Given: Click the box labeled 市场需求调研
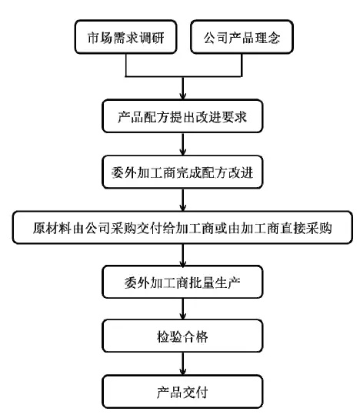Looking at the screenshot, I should (127, 36).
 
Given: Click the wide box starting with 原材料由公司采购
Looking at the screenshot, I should (182, 228).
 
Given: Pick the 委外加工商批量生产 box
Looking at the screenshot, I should (182, 283).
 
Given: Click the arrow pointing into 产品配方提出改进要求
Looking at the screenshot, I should (182, 89).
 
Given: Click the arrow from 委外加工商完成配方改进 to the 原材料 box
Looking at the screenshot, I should (182, 200).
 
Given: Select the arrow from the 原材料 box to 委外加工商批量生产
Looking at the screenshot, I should (182, 256).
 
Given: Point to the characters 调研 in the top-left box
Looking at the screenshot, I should (152, 36).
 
